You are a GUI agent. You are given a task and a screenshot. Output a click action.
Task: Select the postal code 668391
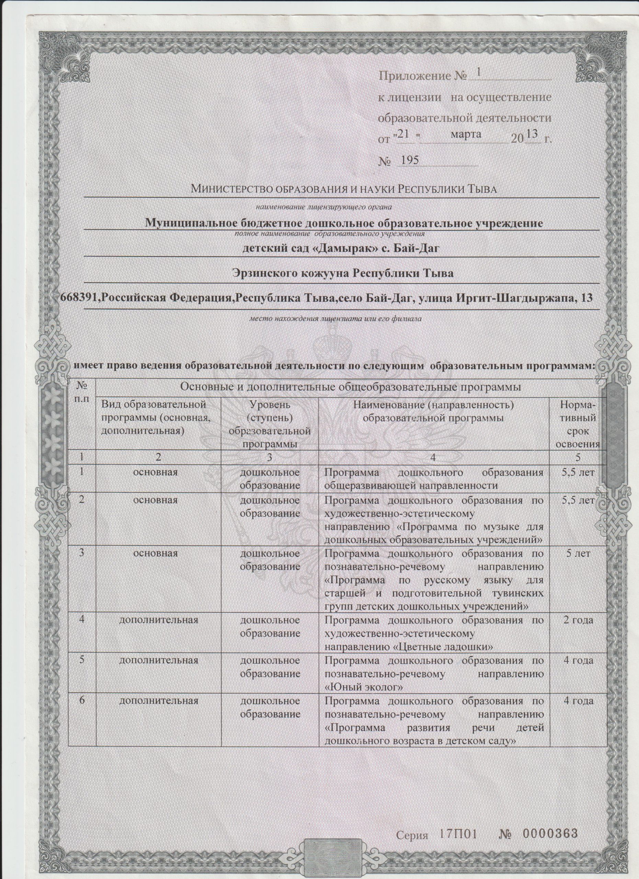[78, 297]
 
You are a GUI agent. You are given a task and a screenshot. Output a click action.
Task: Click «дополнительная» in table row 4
[159, 620]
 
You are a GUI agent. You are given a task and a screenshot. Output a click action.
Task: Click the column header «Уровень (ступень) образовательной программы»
[270, 424]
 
